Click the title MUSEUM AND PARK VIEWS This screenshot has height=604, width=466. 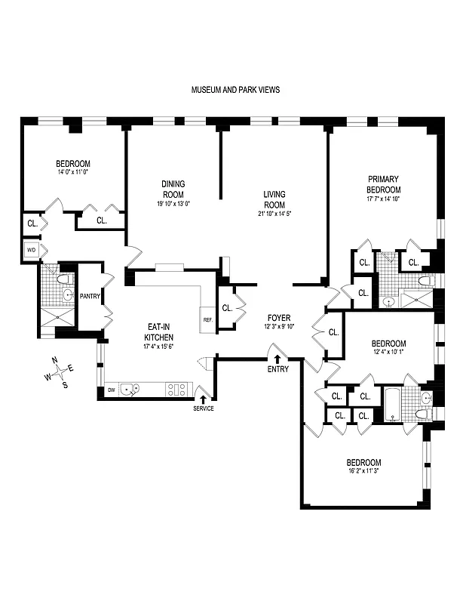[x=236, y=89]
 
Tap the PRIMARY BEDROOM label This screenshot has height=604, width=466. [x=382, y=184]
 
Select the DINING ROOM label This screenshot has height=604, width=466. [x=173, y=189]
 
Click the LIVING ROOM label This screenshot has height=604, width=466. [x=274, y=199]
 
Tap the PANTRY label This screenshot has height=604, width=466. [x=90, y=297]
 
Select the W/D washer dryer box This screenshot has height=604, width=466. [x=32, y=250]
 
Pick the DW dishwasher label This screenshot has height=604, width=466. [x=111, y=390]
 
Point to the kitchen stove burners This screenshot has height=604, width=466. [x=176, y=390]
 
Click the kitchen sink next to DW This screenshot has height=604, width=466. [x=130, y=390]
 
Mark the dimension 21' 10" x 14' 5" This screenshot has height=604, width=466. [x=274, y=214]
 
